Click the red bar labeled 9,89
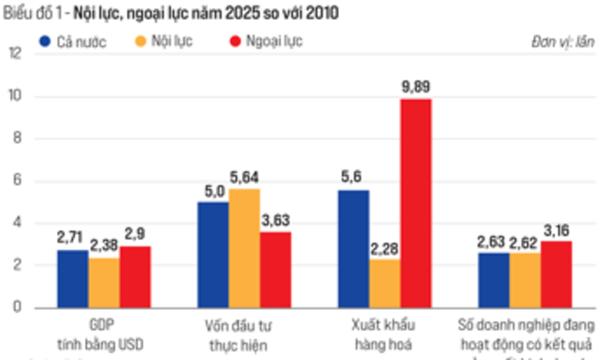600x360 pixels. click(415, 203)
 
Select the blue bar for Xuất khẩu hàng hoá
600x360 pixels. click(353, 249)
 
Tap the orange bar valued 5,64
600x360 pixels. click(244, 248)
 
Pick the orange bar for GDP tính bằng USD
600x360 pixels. click(104, 283)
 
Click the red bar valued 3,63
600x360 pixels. click(275, 269)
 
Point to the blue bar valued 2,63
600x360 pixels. click(493, 280)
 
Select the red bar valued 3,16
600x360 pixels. click(556, 274)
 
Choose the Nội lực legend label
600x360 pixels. click(172, 42)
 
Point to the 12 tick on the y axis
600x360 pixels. click(15, 54)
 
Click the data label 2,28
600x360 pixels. click(385, 249)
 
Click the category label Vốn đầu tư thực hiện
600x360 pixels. click(239, 335)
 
